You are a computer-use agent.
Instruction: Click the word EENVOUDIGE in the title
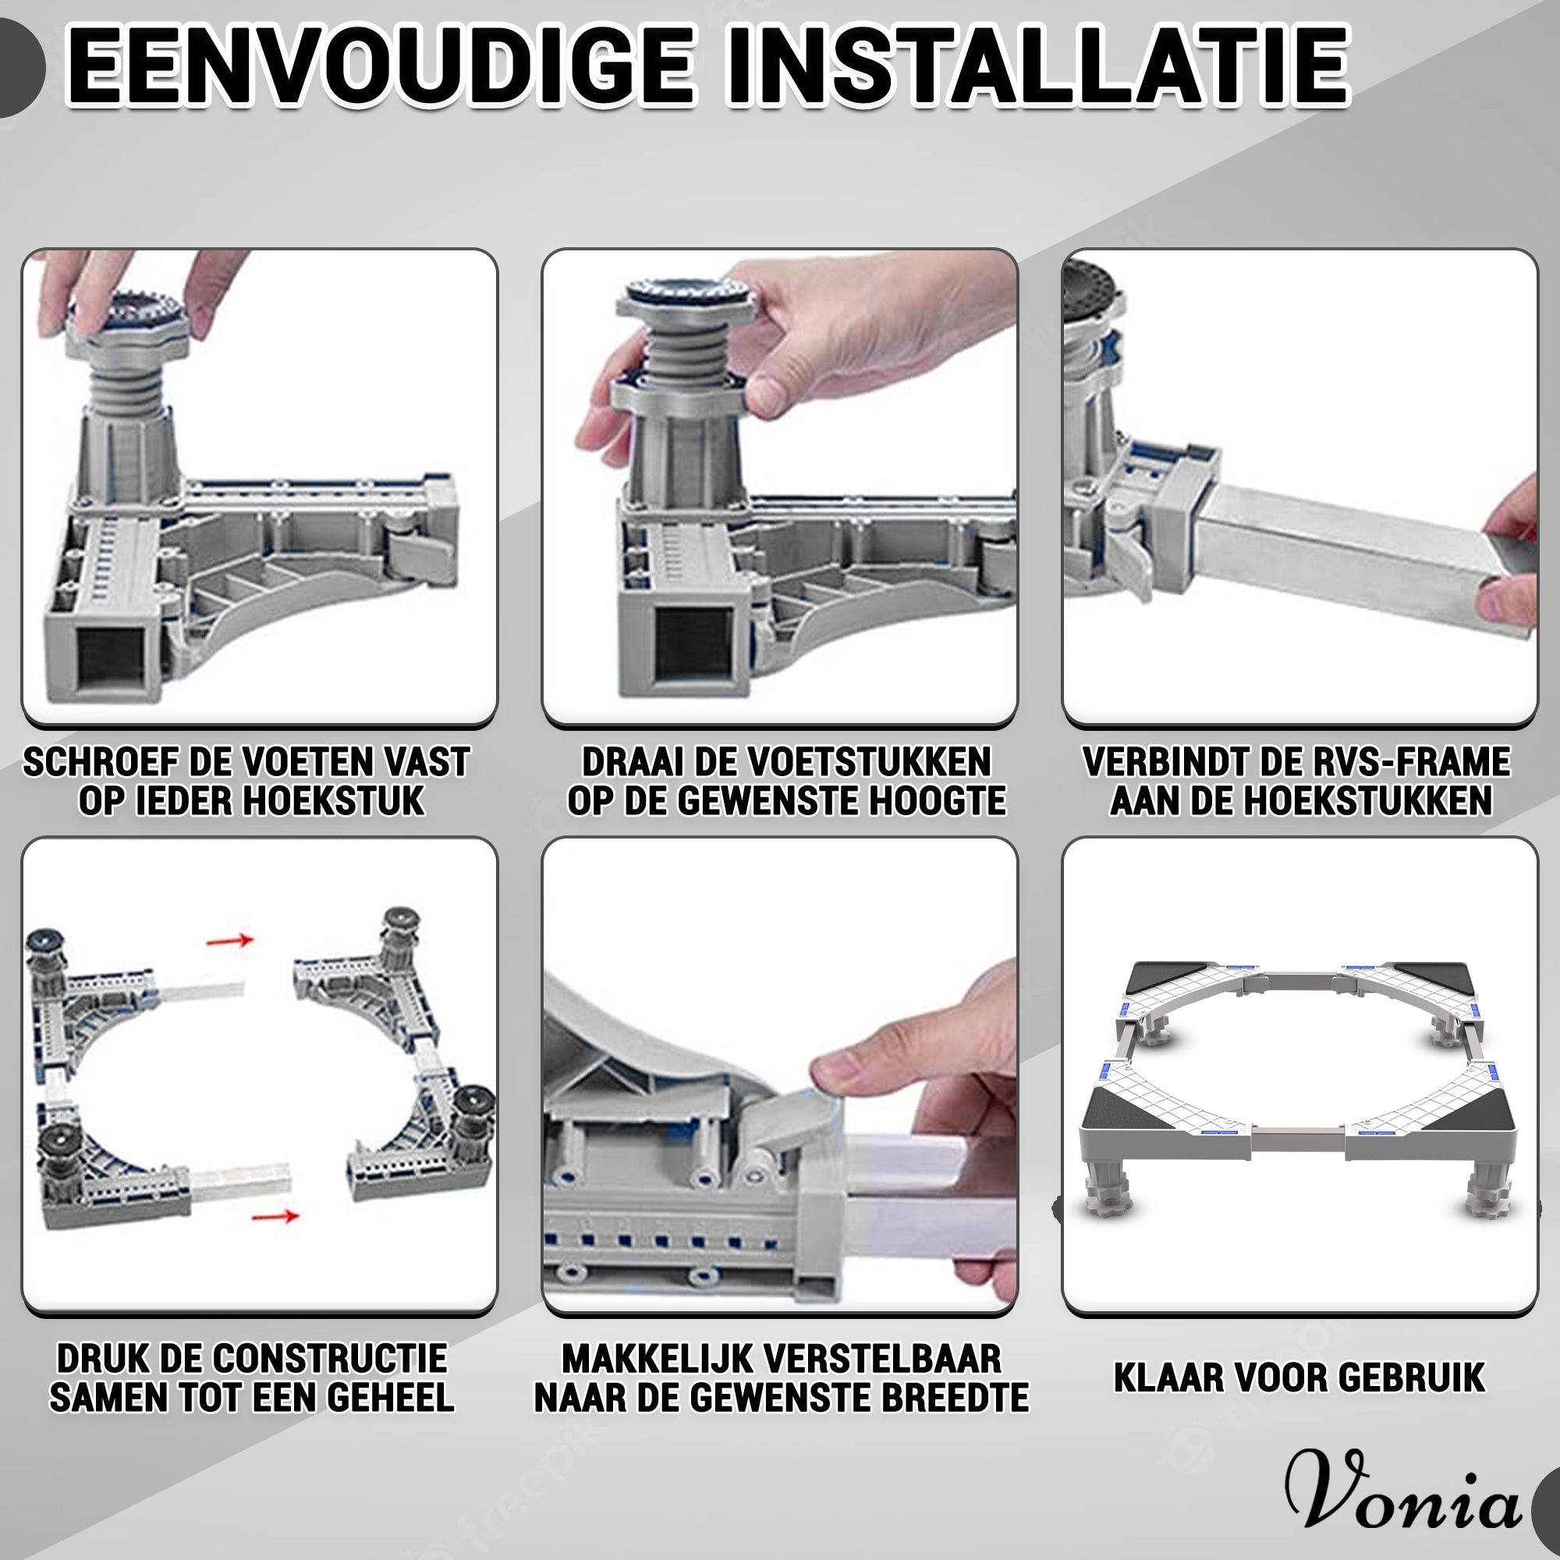(x=380, y=66)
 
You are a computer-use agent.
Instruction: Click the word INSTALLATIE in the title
(x=1037, y=66)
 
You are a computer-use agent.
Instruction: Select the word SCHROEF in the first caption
(x=100, y=762)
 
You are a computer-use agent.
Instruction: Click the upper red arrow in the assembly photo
(x=230, y=941)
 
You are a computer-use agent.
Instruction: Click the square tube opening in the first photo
(x=111, y=655)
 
